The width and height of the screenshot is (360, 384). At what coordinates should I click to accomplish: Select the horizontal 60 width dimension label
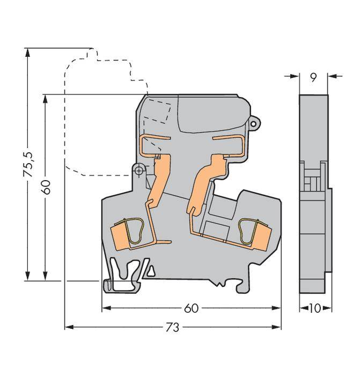click(192, 308)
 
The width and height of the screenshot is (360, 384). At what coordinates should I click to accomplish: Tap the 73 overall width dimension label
click(173, 327)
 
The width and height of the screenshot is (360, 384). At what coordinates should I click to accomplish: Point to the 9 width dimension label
click(313, 77)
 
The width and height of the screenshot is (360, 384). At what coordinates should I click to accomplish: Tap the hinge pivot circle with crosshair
click(139, 171)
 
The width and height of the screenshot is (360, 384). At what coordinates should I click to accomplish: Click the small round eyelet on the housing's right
click(254, 123)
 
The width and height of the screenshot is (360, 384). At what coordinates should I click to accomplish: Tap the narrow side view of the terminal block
click(314, 193)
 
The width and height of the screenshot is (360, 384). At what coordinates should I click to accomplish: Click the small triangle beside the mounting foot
click(151, 270)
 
